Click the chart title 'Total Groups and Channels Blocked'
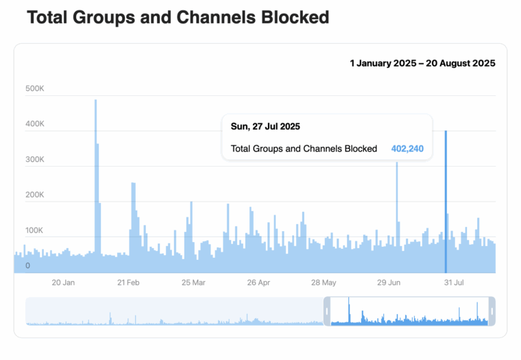click(178, 18)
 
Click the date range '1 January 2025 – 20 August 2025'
click(422, 63)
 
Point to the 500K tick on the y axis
click(35, 88)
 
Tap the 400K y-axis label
click(35, 124)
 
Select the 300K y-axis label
click(35, 160)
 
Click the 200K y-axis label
click(35, 195)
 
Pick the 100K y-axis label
click(35, 230)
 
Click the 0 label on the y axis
click(28, 265)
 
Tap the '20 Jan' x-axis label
click(63, 283)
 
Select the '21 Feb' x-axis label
click(128, 283)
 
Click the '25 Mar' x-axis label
click(193, 283)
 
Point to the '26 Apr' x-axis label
click(258, 283)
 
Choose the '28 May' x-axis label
click(324, 283)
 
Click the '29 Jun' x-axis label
click(389, 283)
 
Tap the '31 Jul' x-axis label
click(455, 283)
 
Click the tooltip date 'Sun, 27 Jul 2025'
click(265, 127)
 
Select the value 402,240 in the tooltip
click(407, 148)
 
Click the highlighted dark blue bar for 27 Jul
click(446, 206)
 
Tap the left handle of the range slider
click(327, 311)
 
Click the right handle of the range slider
click(492, 311)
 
